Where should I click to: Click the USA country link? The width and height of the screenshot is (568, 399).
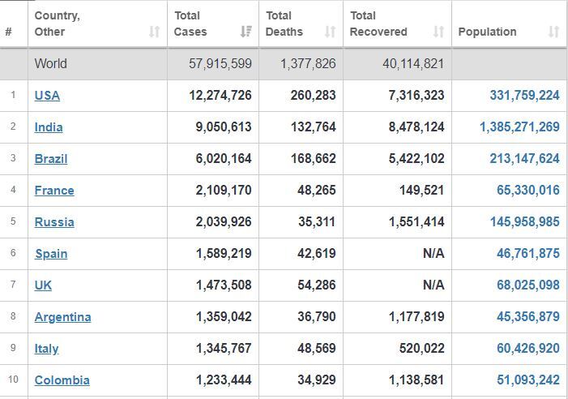click(x=47, y=96)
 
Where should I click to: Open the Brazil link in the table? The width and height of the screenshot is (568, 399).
click(x=51, y=159)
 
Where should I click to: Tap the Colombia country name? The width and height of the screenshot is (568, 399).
click(x=62, y=380)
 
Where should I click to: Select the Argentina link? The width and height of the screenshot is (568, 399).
click(x=62, y=317)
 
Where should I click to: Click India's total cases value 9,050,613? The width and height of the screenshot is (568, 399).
click(x=224, y=127)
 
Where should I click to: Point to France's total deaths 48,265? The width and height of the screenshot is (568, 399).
click(x=317, y=191)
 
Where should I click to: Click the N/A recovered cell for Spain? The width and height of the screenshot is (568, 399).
click(x=433, y=253)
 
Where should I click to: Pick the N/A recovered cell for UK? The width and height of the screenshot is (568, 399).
click(x=433, y=285)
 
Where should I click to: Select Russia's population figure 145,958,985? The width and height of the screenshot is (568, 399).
click(x=525, y=221)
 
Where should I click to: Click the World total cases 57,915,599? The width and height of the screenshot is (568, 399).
click(x=220, y=64)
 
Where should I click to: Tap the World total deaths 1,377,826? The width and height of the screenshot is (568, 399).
click(x=308, y=64)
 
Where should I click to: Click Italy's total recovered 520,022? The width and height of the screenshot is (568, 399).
click(x=421, y=348)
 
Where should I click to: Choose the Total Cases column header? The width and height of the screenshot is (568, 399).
click(x=190, y=24)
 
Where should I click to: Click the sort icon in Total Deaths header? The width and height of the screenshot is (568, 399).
click(x=330, y=32)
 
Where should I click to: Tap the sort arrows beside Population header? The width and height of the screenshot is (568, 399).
click(x=553, y=32)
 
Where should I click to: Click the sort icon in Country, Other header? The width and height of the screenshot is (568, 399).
click(x=154, y=32)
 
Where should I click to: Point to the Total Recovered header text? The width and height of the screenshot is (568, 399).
click(x=378, y=24)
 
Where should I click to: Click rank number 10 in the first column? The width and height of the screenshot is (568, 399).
click(x=13, y=380)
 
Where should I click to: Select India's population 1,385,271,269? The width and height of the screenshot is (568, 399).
click(x=520, y=127)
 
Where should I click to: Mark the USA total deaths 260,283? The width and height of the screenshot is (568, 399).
click(x=314, y=96)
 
